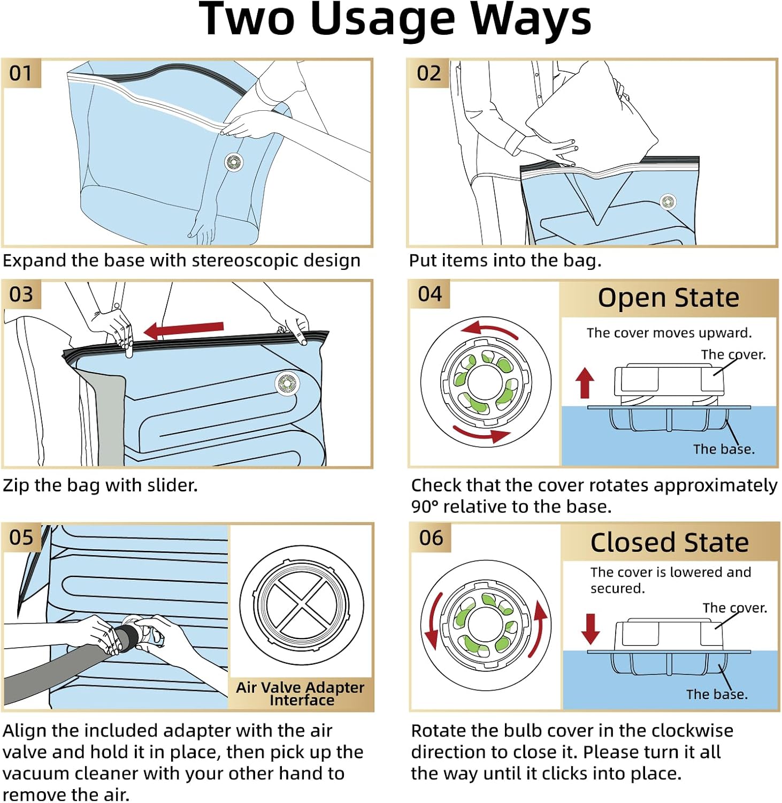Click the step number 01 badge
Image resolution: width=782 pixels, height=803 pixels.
coord(21,73)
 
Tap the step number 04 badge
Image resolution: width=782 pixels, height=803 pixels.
coord(430,294)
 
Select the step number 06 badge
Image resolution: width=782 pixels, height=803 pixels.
coord(431,537)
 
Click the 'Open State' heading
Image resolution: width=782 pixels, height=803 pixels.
coord(668,298)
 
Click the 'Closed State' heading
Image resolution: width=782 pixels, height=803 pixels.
coord(669,542)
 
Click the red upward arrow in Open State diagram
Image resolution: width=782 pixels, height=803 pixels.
coord(585,382)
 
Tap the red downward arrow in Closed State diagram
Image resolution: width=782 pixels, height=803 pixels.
coord(591,628)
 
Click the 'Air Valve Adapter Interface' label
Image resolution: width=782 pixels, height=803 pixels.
coord(300,693)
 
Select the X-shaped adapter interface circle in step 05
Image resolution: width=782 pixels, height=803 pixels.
coord(302,605)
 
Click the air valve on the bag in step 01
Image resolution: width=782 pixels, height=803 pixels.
coord(234,162)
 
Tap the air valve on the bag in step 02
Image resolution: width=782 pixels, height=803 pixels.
coord(668,202)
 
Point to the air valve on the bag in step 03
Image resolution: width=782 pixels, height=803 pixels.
coord(287,383)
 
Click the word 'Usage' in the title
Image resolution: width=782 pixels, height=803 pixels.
coord(382,19)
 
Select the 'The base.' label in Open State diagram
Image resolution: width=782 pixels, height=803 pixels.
coord(724,449)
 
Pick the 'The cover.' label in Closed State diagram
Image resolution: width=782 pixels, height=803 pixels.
coord(734,608)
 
